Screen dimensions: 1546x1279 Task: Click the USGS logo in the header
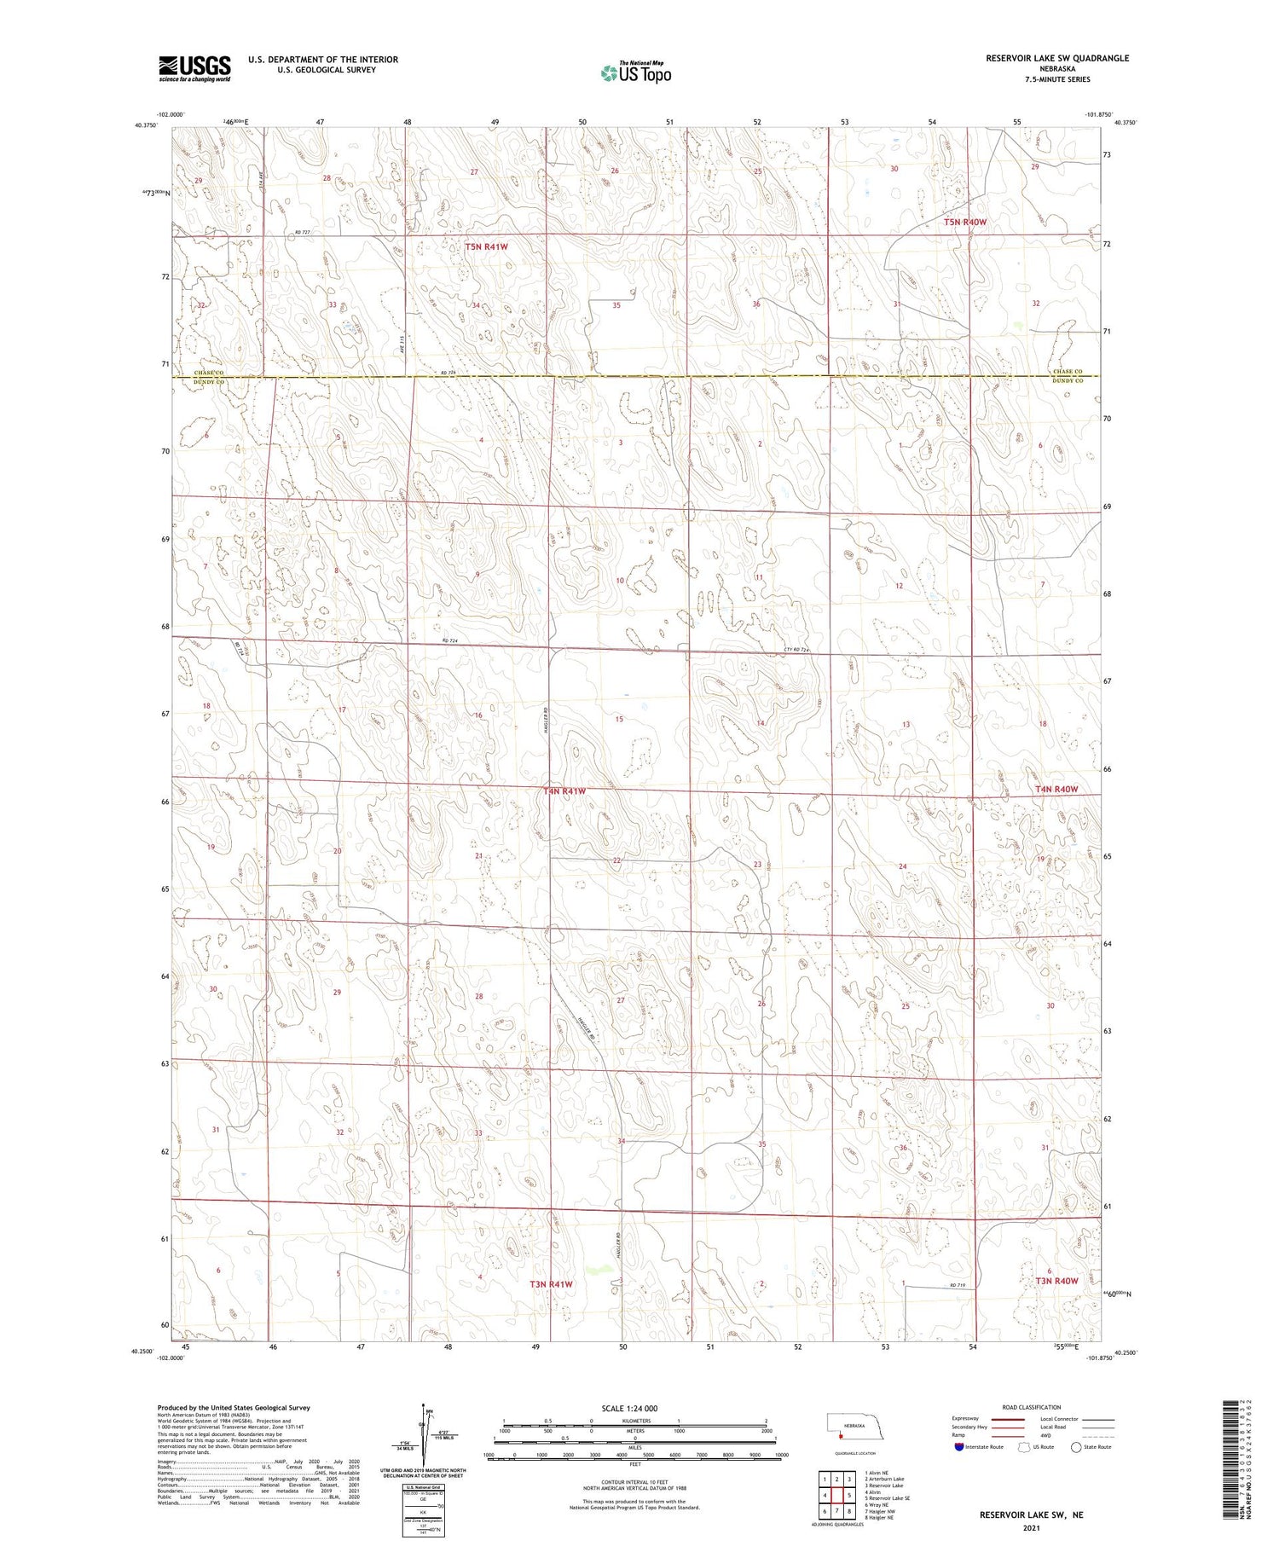tap(194, 68)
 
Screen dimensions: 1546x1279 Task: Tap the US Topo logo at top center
tap(636, 73)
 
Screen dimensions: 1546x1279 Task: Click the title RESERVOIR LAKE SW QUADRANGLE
tap(1057, 58)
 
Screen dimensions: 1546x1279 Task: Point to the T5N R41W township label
tap(487, 246)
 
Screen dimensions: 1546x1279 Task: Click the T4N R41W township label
tap(564, 791)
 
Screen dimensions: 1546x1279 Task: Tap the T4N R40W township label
tap(1056, 789)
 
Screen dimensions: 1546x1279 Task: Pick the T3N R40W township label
tap(1056, 1281)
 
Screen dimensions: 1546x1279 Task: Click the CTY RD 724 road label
tap(796, 650)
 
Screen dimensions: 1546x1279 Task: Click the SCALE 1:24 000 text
tap(629, 1408)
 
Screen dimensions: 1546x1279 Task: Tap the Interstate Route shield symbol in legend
tap(959, 1447)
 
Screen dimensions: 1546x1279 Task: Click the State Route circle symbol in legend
tap(1077, 1447)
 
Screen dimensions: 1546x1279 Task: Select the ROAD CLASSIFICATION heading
tap(1032, 1407)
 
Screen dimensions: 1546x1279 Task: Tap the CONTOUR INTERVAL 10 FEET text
tap(634, 1483)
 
